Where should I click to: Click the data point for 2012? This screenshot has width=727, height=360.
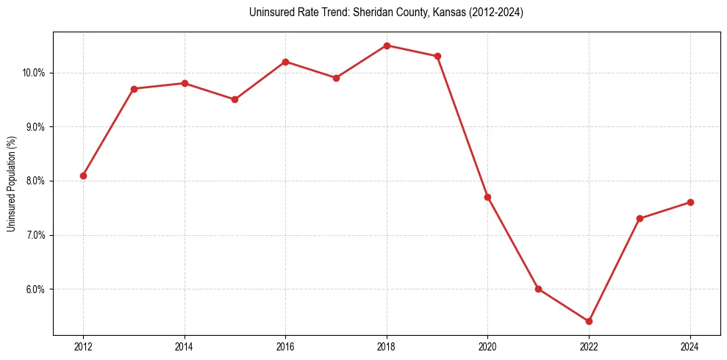point(83,176)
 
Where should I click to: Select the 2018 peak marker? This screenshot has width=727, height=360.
point(387,46)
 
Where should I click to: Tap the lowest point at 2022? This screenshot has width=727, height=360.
point(589,321)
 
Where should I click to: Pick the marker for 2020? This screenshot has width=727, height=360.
point(487,197)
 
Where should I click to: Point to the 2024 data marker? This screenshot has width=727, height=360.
point(690,203)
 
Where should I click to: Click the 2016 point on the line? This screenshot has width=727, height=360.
point(285,62)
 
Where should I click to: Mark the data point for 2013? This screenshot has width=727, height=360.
point(134,89)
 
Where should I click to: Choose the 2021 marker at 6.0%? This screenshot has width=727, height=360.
point(538,289)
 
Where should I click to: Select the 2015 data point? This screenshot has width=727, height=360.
point(234,99)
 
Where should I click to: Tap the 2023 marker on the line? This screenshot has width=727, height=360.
point(640,218)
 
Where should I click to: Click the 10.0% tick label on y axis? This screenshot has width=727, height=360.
point(34,73)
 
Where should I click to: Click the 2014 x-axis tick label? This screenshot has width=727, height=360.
point(185,347)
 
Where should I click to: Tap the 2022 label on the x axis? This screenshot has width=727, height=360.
point(589,347)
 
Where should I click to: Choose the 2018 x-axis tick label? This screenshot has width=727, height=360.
point(387,347)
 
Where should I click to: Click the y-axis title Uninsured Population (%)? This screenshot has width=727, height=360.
point(11,183)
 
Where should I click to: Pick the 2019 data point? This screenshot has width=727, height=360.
point(437,56)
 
